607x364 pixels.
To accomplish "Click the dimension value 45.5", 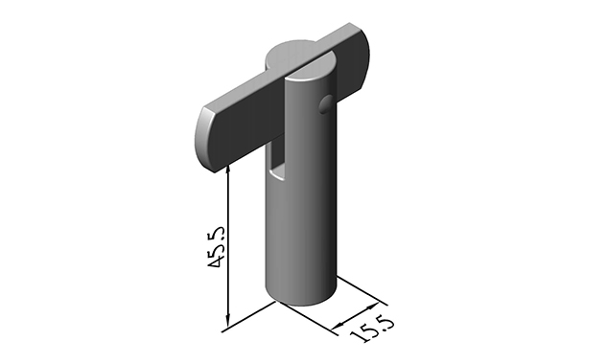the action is (216, 247).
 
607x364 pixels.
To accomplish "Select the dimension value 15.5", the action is (372, 330).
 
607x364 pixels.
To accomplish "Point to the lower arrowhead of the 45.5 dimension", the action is (228, 321).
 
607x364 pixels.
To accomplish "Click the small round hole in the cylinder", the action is (325, 104).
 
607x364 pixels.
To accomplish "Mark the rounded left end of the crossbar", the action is (204, 139).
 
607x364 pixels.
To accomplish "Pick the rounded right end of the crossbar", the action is (365, 58).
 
